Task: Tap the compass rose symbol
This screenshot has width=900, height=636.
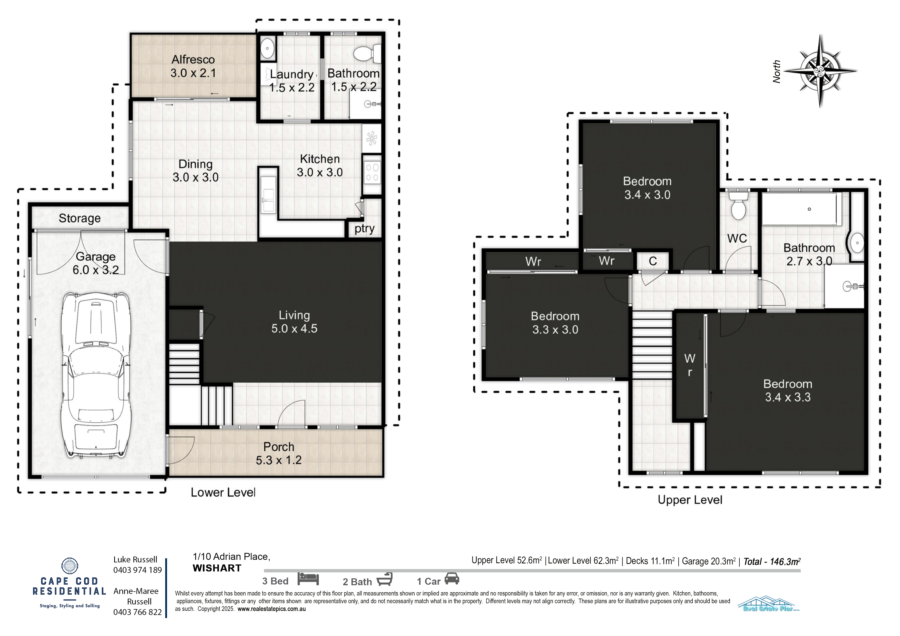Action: point(820,71)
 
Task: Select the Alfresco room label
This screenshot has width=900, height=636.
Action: point(193,59)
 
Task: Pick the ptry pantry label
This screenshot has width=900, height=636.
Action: point(365,229)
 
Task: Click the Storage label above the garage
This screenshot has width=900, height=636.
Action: point(80,218)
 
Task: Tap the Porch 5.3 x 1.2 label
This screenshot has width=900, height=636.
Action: point(279,453)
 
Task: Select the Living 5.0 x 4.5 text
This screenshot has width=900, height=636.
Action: point(294,322)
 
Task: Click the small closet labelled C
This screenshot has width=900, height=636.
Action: point(653,261)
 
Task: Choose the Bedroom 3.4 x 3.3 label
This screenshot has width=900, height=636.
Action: point(788,391)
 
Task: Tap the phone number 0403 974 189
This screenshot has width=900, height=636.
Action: point(138,570)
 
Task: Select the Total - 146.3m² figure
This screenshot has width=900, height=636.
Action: point(772,561)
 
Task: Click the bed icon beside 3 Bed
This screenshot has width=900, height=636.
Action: point(308,579)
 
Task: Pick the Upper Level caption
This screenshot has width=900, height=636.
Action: point(690,500)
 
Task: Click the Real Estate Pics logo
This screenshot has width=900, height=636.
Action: point(769,604)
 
